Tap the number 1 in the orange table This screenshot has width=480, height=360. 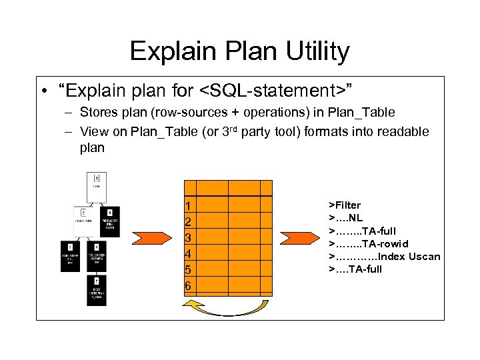point(188,205)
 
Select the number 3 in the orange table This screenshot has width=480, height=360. point(188,237)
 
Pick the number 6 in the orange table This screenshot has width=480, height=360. point(188,285)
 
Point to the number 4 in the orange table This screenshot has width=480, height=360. point(188,253)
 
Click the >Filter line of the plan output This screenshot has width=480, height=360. point(345,205)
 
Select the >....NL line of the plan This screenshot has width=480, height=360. point(345,218)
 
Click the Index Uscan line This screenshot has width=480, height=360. point(384,256)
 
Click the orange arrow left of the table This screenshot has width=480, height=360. point(149,239)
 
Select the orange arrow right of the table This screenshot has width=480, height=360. point(295,239)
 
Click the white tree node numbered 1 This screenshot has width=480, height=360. point(97,182)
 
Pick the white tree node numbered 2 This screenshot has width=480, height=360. point(83,217)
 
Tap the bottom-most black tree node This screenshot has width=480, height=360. point(96,291)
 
